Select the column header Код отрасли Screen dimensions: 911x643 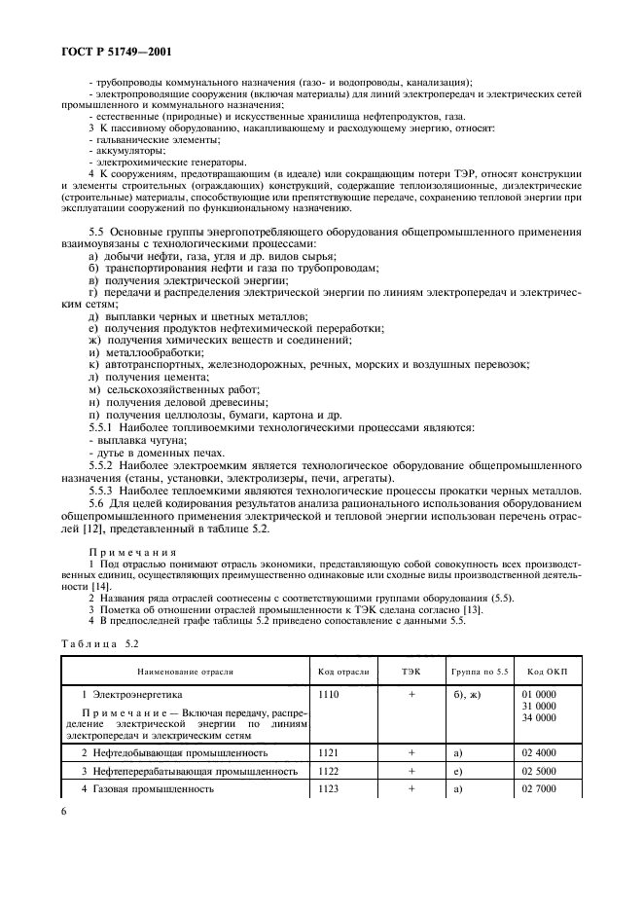(343, 672)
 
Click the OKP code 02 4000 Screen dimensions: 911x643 (541, 752)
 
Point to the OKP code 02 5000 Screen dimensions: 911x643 (541, 770)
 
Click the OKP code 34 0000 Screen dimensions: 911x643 (541, 717)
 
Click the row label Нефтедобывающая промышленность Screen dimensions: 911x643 (176, 752)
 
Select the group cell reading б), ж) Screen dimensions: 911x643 (471, 696)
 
